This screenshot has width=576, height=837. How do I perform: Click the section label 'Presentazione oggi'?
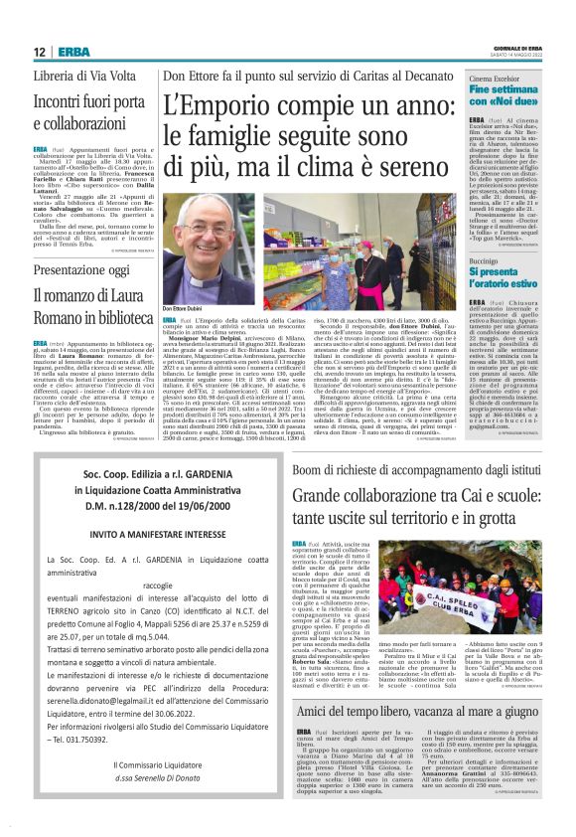pos(74,270)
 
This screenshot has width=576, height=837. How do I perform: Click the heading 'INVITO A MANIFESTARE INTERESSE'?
pos(145,533)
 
